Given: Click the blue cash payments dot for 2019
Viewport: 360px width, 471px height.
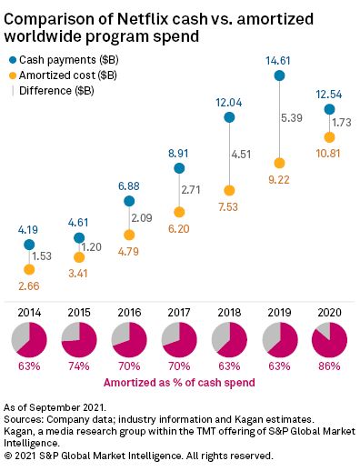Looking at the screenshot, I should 277,76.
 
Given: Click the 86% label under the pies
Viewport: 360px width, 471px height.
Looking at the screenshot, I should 327,366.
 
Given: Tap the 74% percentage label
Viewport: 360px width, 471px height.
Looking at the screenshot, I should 79,366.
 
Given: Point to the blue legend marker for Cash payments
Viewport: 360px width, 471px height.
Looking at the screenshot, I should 11,58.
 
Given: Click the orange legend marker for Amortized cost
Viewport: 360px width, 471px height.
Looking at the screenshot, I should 11,75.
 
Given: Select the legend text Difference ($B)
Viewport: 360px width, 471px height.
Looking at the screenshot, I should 55,90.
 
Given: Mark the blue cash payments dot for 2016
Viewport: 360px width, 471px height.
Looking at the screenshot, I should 129,201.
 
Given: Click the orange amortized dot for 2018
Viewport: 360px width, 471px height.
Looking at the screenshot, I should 228,191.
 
